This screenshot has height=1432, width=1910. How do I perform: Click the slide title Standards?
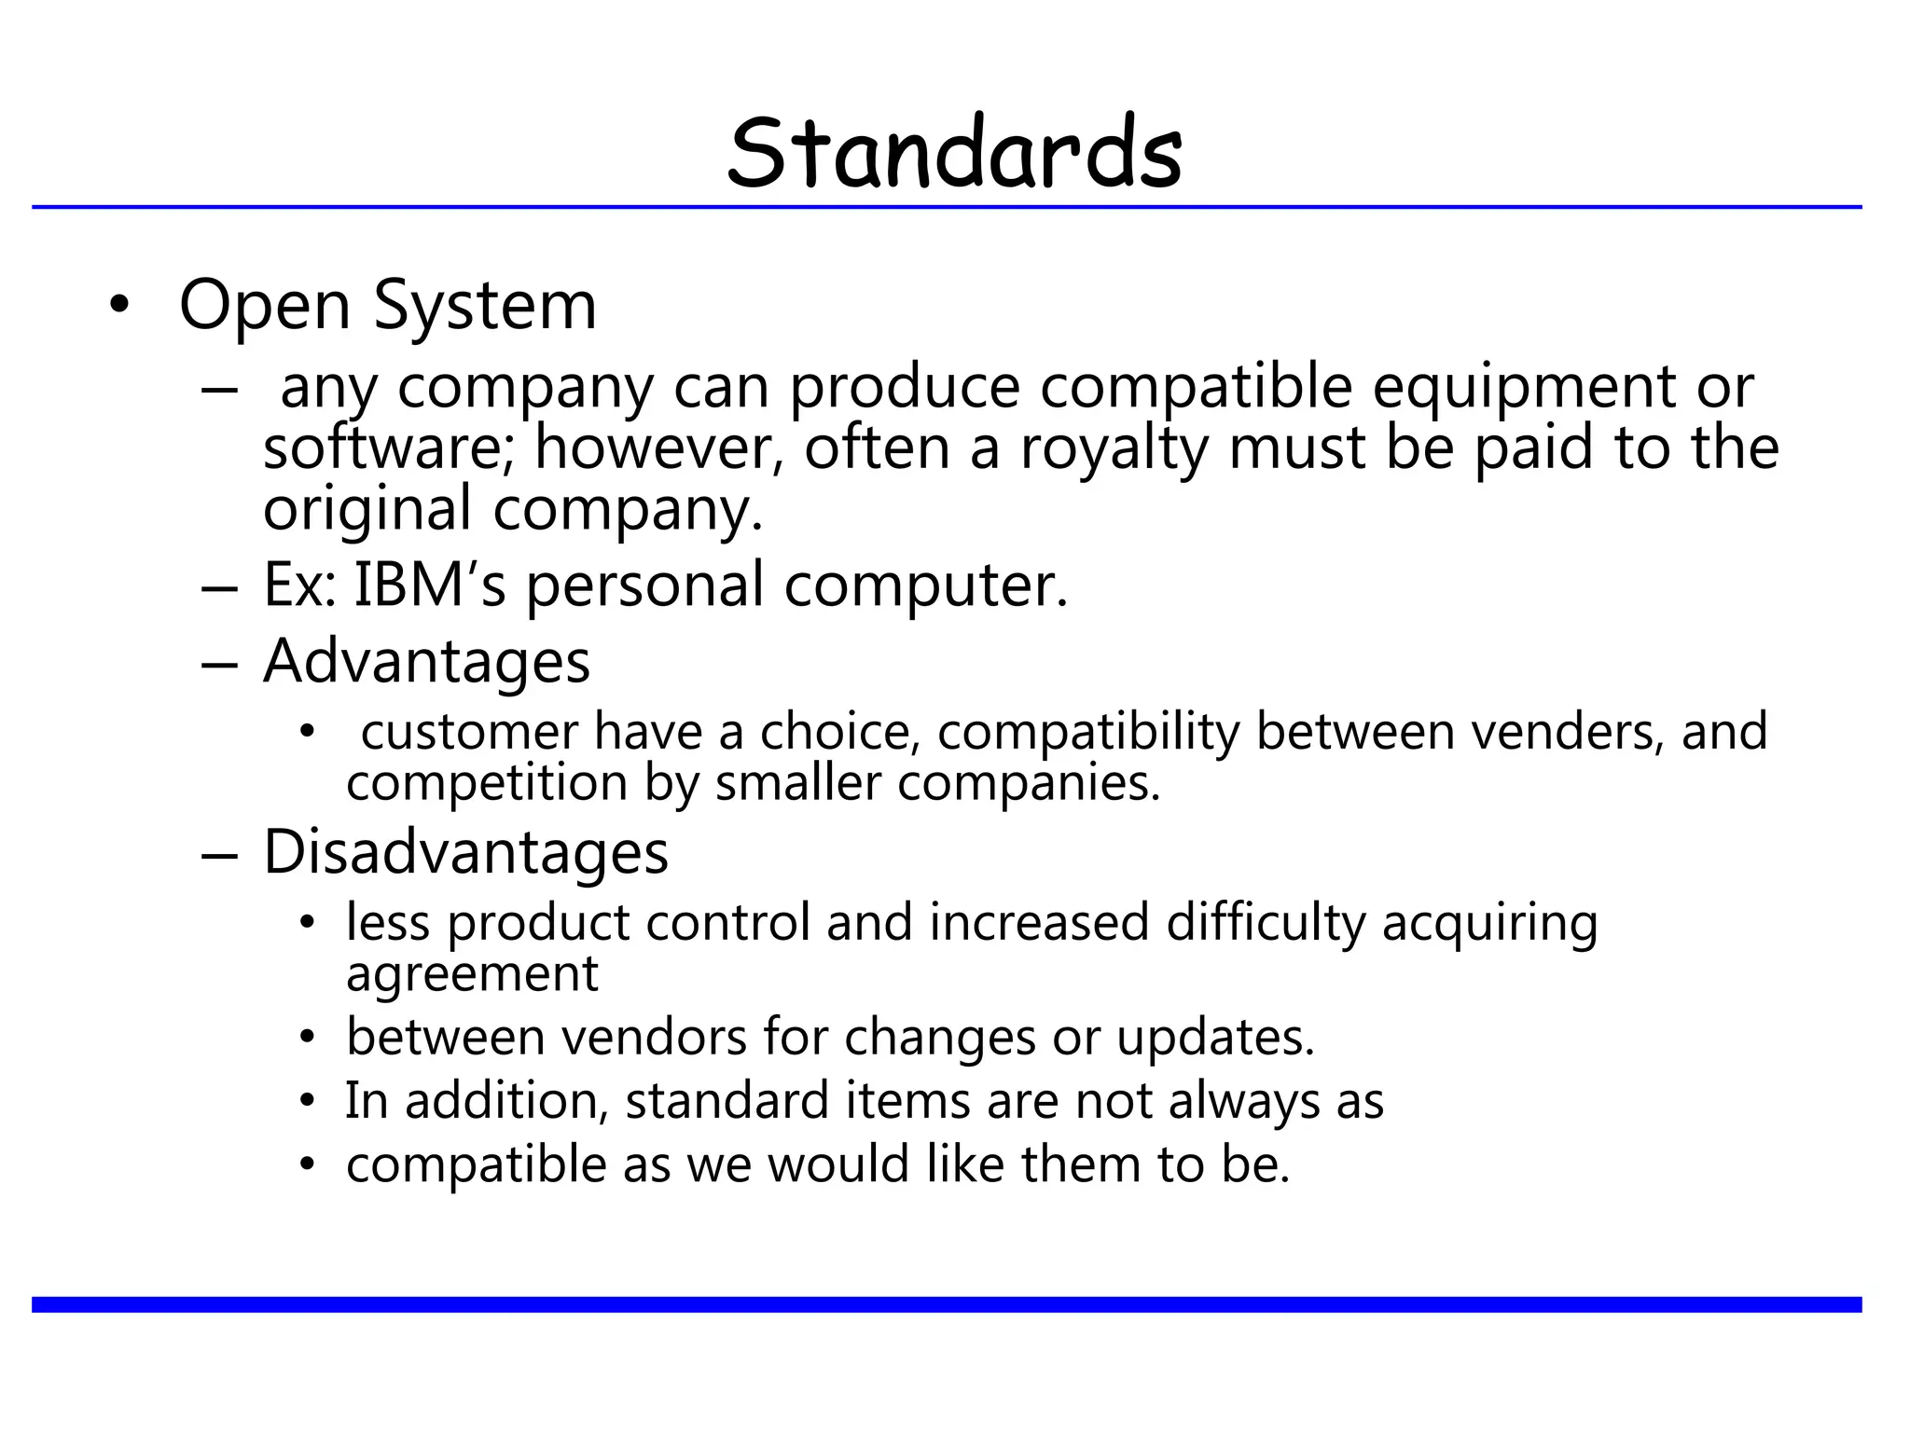pos(955,153)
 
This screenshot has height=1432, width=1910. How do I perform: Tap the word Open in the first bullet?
pos(264,306)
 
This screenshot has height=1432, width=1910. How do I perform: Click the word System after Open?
pos(484,306)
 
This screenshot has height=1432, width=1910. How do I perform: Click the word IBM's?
pos(429,585)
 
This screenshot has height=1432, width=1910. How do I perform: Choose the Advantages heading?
pos(426,662)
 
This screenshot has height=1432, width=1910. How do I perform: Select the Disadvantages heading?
pos(465,852)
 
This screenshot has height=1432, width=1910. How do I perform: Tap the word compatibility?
pos(1087,731)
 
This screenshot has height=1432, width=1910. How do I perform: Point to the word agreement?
pos(472,974)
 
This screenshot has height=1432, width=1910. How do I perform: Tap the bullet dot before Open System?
pos(118,306)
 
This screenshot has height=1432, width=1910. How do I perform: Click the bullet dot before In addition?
pos(308,1102)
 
